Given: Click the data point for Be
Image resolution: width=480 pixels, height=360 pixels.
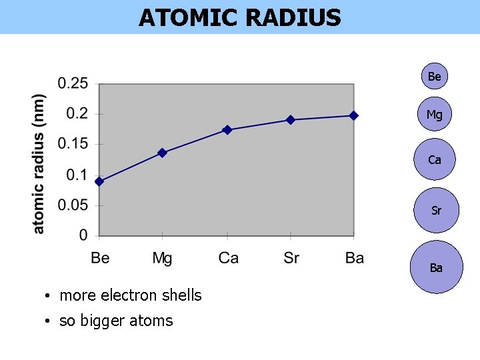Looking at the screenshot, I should point(99,181).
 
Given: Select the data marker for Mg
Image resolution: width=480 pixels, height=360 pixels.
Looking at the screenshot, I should point(163,153).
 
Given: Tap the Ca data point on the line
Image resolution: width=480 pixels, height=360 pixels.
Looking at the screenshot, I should point(227,130).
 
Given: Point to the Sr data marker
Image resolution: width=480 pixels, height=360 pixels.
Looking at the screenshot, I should point(291,120).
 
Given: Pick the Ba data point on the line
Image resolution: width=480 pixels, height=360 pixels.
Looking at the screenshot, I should point(353,115).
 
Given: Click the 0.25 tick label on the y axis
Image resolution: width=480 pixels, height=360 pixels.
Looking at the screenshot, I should point(73,83).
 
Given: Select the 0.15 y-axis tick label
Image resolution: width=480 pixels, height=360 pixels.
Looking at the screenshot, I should point(73,144).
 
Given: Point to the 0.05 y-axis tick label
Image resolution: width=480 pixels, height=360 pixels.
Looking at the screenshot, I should point(73,205).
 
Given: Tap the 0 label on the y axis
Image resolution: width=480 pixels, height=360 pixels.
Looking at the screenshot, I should point(83,235).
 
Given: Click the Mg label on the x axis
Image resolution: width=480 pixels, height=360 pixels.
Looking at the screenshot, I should point(162,258).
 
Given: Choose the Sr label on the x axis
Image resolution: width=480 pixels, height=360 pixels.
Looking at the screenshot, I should point(291,258).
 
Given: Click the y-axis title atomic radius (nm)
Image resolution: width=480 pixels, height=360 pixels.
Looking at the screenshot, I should point(39,163).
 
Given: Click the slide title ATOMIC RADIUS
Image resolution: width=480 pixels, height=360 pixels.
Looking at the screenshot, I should point(240,17).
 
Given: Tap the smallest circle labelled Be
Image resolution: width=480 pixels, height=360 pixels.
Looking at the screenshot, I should point(434,77).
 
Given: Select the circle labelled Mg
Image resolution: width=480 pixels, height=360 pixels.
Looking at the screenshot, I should point(434,115).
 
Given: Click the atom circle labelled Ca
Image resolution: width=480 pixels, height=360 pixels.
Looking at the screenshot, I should point(435,159).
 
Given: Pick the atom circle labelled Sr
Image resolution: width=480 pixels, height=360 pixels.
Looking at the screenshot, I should point(436,211).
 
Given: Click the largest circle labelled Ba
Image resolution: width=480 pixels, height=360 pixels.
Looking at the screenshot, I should point(436,267).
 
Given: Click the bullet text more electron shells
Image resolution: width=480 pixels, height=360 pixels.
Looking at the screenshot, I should point(131,295).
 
